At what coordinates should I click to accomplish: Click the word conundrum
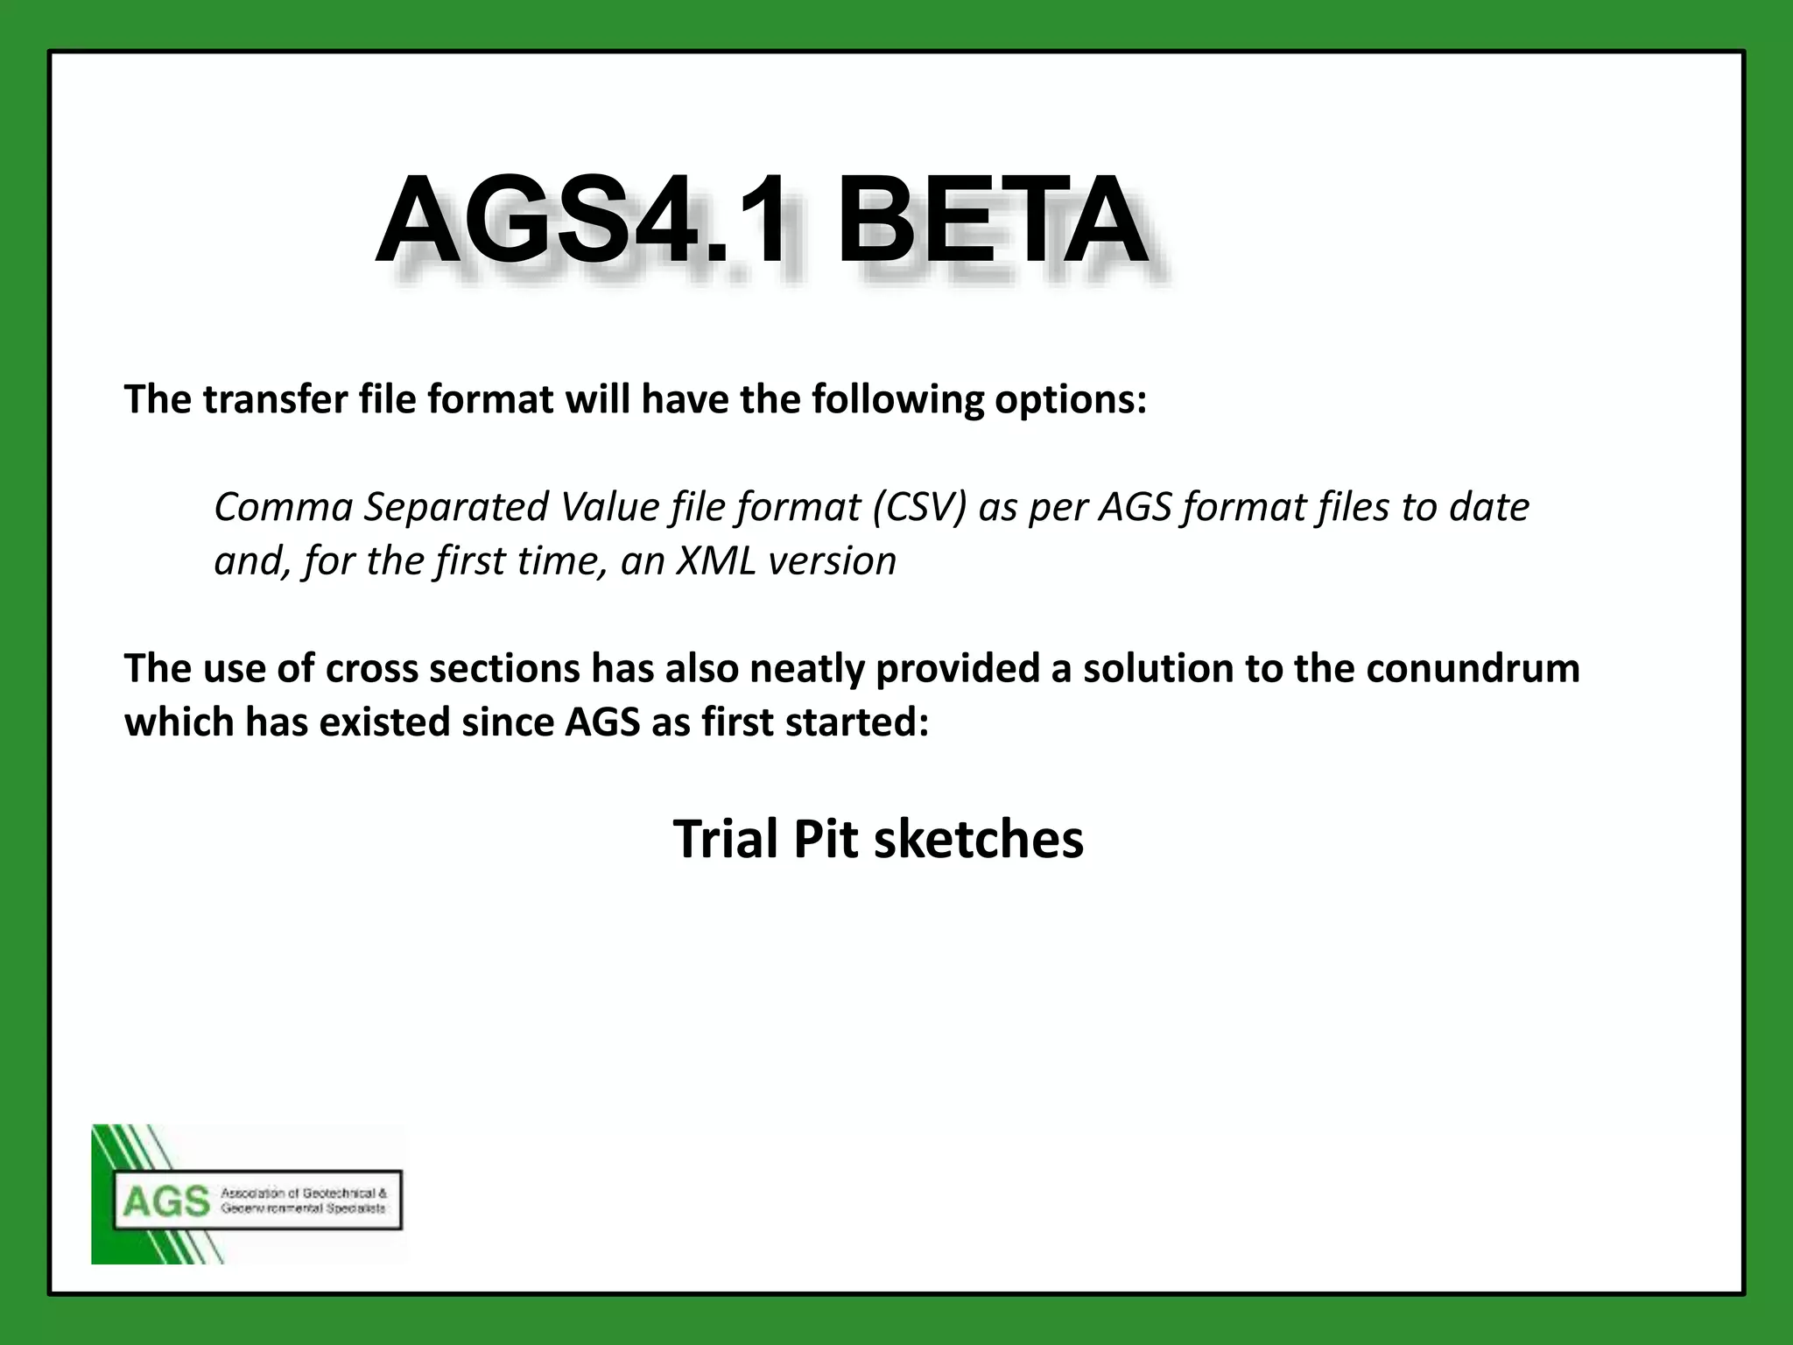[1473, 669]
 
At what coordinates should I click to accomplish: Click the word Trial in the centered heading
[726, 839]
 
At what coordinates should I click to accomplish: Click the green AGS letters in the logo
[166, 1201]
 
